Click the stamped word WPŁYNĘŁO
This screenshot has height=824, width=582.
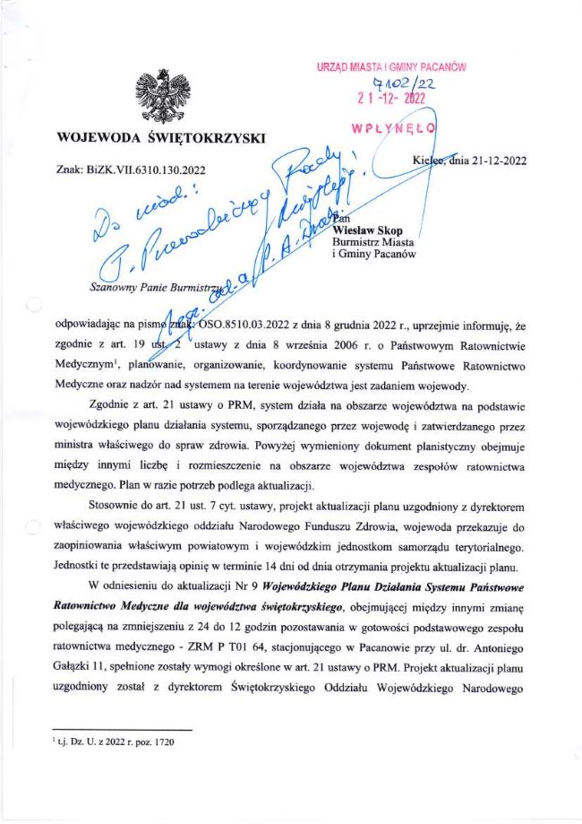(x=394, y=127)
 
